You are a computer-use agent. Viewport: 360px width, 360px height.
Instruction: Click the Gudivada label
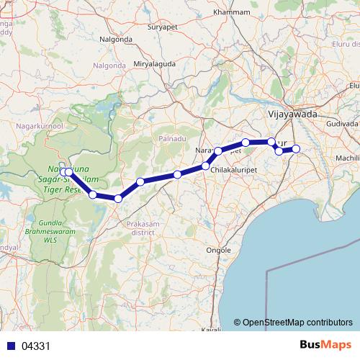tap(342, 123)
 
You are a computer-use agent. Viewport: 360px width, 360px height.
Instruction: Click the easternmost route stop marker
tap(295, 149)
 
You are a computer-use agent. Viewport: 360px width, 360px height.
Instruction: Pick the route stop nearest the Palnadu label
tap(177, 174)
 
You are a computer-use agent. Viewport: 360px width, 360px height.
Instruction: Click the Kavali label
tap(210, 329)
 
